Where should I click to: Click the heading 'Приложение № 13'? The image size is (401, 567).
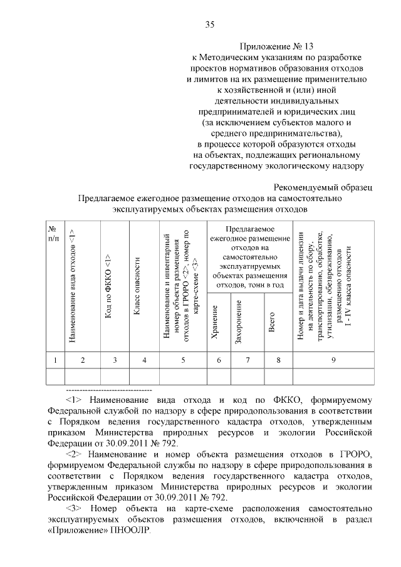pos(276,46)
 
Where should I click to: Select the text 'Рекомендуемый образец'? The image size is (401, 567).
pos(324,187)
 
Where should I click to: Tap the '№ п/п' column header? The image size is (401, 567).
pos(55,232)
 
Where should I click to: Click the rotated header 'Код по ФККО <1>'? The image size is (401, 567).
pos(108,294)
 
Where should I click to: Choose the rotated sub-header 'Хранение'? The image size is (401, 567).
pos(216,323)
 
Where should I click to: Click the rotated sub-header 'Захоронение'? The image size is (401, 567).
pos(239,321)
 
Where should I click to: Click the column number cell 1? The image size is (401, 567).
pos(55,360)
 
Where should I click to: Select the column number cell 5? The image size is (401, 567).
pos(183,360)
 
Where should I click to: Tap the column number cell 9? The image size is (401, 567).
pos(333,360)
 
